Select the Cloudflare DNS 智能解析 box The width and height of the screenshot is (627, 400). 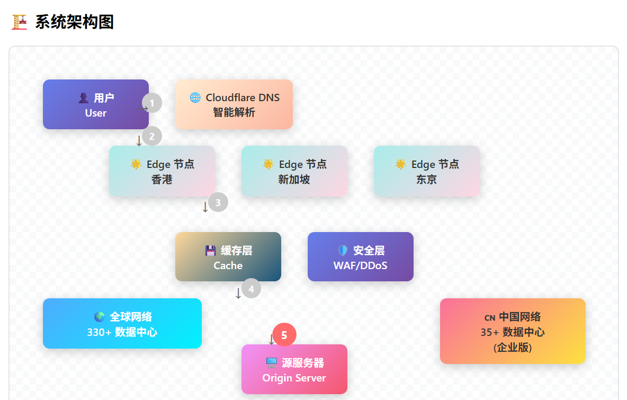click(x=234, y=104)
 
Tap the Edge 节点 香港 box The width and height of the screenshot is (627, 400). click(x=162, y=171)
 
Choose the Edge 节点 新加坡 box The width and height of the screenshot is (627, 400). click(x=294, y=171)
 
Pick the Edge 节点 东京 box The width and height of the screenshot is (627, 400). click(x=427, y=171)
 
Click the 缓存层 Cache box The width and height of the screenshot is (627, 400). click(x=228, y=257)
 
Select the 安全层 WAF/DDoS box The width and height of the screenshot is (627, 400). click(x=361, y=257)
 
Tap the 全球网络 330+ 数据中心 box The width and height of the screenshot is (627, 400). click(x=122, y=324)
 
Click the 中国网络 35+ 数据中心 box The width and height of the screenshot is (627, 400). click(x=513, y=331)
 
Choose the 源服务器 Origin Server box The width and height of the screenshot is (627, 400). click(x=294, y=369)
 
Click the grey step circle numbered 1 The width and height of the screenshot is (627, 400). click(x=152, y=103)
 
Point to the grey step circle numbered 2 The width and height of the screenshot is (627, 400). click(x=152, y=136)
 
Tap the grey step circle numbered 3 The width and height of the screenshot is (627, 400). click(x=218, y=202)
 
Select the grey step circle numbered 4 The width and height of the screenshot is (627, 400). click(x=252, y=289)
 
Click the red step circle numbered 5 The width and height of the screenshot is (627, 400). click(x=284, y=335)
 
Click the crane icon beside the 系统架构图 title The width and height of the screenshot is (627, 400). click(x=19, y=22)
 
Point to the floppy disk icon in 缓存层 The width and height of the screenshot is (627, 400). click(x=211, y=251)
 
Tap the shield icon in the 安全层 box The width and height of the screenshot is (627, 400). click(x=343, y=251)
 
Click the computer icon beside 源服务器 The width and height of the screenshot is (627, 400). click(x=272, y=363)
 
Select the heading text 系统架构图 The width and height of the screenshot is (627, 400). click(x=75, y=22)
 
